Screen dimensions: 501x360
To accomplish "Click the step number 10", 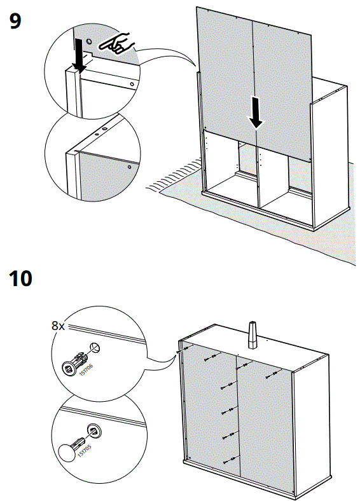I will tap(21, 278).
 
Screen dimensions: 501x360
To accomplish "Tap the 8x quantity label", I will tap(58, 326).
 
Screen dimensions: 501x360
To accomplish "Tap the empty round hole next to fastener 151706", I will tap(94, 348).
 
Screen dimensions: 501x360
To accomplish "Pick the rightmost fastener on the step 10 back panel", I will tap(274, 373).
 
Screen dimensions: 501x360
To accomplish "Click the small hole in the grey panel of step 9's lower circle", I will tap(130, 167).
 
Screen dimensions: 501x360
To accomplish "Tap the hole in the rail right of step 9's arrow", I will tap(132, 84).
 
